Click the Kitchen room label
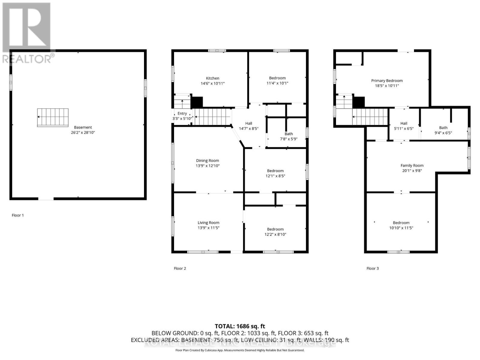(212, 78)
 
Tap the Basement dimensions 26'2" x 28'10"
(83, 133)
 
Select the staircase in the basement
(53, 117)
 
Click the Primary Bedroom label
(387, 80)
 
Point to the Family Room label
(412, 165)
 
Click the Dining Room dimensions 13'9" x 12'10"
(208, 166)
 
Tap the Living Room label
(208, 223)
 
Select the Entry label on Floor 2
(182, 113)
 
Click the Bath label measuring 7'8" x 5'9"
(289, 134)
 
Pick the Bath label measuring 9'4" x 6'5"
(443, 127)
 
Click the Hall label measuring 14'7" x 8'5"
(248, 123)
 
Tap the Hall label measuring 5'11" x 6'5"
(404, 123)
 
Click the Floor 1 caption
(18, 215)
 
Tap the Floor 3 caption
(373, 268)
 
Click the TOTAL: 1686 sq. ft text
(240, 326)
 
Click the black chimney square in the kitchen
(197, 102)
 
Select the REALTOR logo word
(27, 59)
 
